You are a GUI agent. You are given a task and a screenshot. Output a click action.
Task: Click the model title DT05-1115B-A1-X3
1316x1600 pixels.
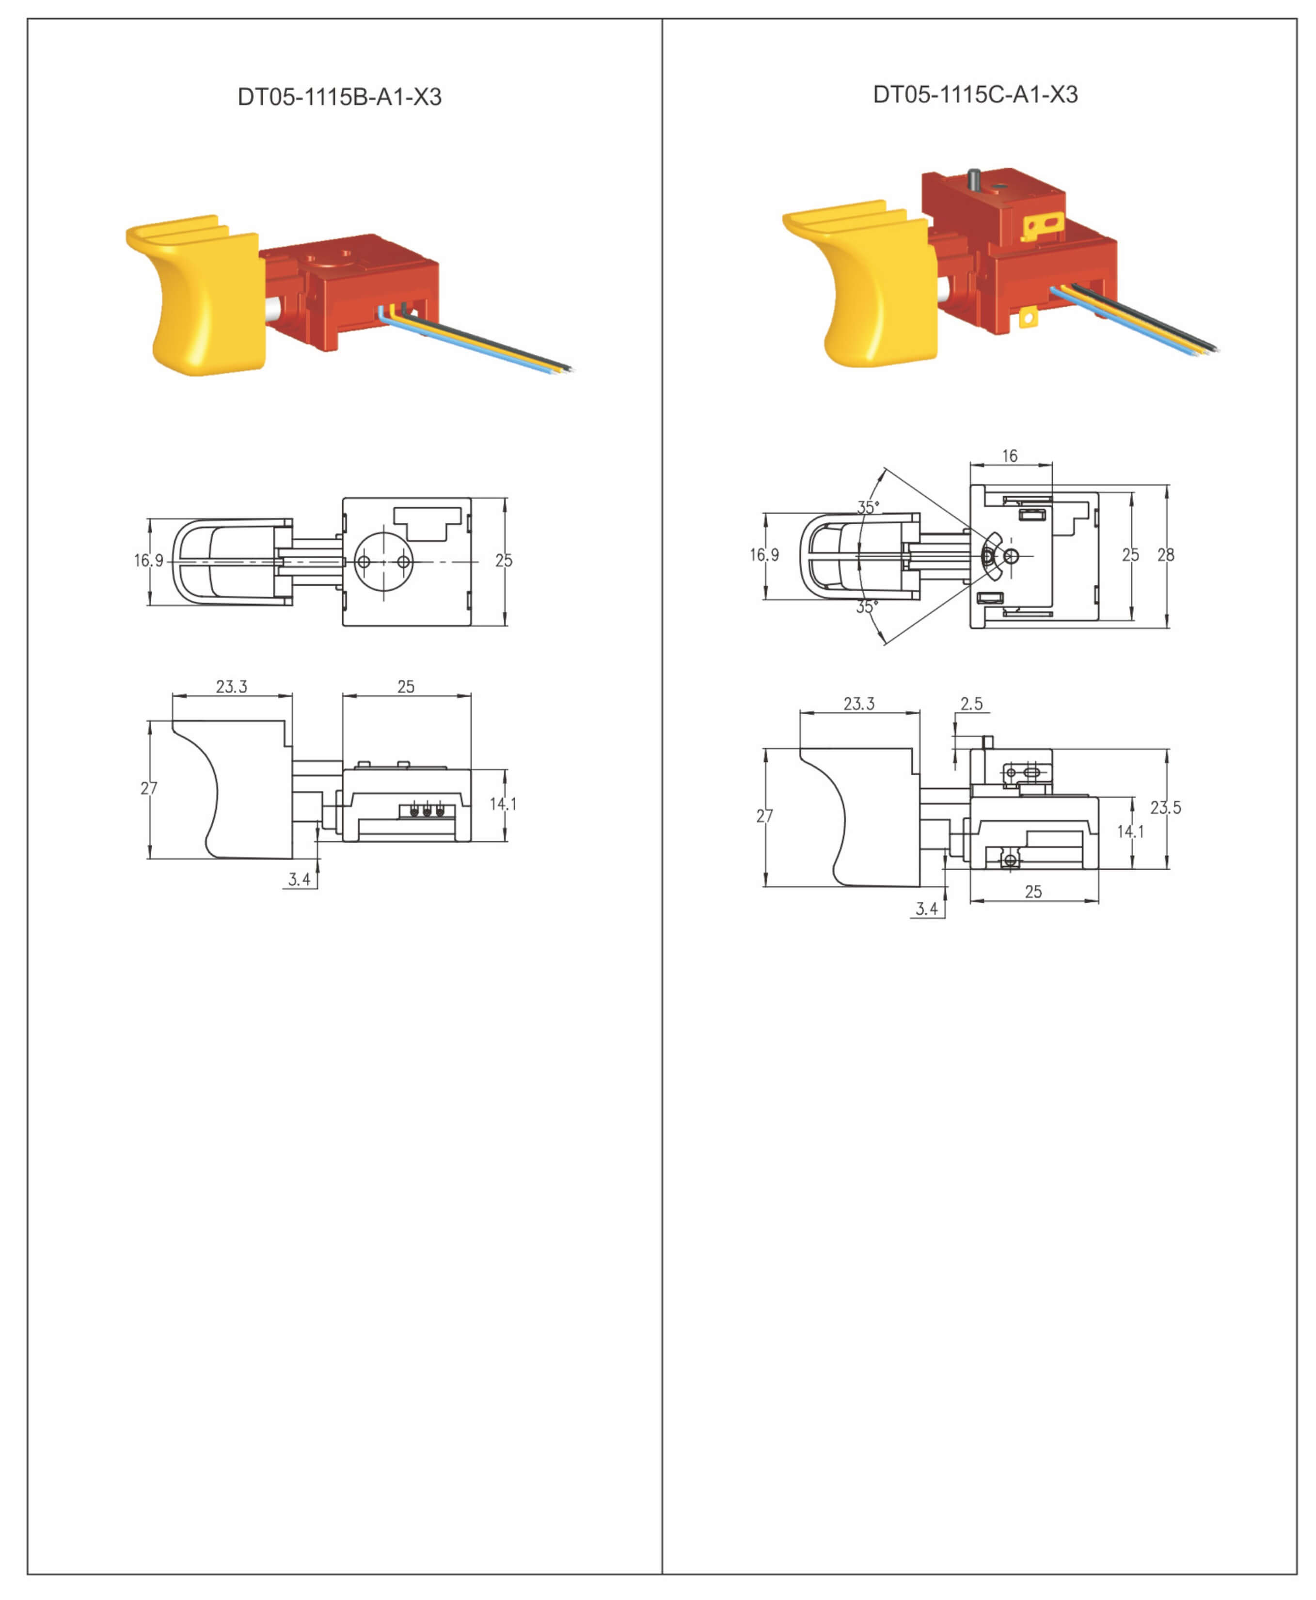[x=340, y=97]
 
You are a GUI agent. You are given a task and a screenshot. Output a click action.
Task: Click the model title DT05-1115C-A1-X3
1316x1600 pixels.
[x=975, y=95]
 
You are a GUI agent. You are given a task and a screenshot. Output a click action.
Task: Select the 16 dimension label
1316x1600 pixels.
[x=1010, y=455]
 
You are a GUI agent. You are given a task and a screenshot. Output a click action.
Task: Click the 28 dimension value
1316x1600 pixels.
[x=1166, y=555]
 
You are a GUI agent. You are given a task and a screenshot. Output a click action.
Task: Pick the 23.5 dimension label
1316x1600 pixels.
[x=1165, y=808]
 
